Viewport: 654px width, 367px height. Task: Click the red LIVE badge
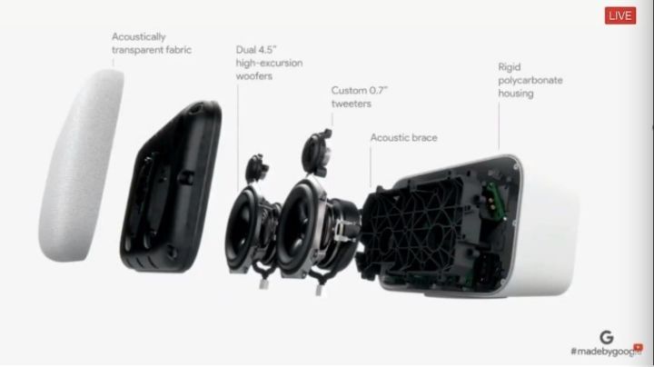coord(620,15)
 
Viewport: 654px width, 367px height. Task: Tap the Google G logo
coord(607,337)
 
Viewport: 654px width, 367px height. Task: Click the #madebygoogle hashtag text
coord(606,352)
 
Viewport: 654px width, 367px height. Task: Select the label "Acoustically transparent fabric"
coord(152,44)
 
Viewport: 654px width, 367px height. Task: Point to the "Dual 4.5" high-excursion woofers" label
coord(269,63)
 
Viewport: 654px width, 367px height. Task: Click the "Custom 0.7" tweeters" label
coord(359,97)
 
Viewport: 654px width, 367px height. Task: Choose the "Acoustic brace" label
coord(403,138)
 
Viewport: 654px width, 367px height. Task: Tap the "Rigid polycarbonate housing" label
coord(530,80)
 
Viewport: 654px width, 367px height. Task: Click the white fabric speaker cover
coord(82,165)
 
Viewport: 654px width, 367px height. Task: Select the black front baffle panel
coord(171,187)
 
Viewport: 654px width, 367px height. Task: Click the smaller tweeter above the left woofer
coord(256,167)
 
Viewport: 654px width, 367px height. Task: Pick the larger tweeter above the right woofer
coord(317,152)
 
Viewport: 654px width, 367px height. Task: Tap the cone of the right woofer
coord(297,227)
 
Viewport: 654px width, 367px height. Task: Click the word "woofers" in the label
coord(254,76)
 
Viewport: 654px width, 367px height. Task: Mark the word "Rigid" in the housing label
coord(510,67)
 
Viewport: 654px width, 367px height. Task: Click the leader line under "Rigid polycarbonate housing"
coord(499,126)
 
